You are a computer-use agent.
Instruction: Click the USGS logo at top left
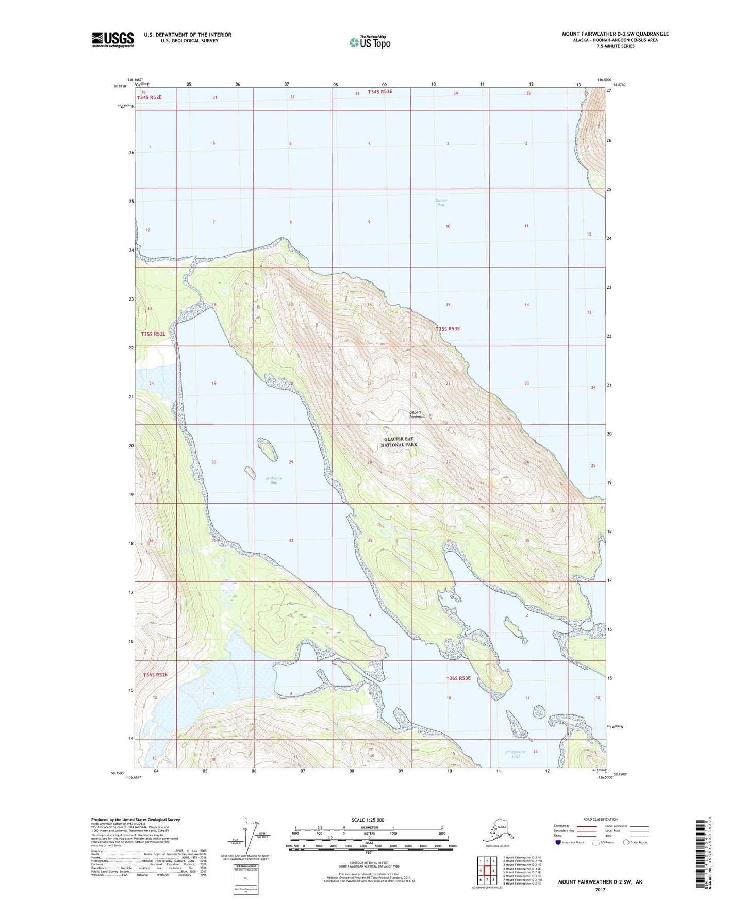tap(112, 40)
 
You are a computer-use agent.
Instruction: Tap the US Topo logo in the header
tap(369, 42)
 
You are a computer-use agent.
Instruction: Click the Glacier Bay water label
tap(440, 203)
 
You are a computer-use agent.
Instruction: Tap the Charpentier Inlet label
tap(516, 754)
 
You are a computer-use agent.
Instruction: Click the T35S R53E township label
tap(447, 329)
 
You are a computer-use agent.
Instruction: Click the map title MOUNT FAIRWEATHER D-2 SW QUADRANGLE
tap(615, 34)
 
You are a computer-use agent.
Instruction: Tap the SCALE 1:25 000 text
tap(368, 820)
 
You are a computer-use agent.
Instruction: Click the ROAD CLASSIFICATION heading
tap(600, 819)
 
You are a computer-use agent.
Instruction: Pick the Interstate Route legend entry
tap(570, 842)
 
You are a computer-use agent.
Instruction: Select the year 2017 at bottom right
tap(600, 889)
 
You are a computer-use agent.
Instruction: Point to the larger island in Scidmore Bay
tap(268, 449)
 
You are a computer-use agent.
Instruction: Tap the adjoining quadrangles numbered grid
tap(487, 870)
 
